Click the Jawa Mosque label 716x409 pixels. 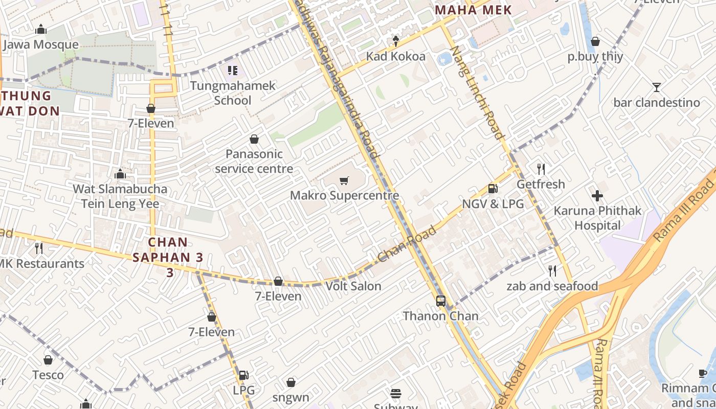pos(41,44)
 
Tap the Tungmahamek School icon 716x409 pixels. pos(233,71)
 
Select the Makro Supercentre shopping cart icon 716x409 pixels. pos(344,180)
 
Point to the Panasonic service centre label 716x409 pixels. pos(254,161)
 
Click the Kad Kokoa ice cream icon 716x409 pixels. pos(395,41)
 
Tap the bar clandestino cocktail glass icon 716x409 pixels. pos(657,87)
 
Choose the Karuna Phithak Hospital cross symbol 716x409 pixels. pos(597,196)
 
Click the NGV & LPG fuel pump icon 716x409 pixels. pos(493,189)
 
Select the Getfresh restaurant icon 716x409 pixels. pos(541,169)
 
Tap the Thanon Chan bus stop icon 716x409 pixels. pos(441,301)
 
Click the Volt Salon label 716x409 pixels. pos(353,286)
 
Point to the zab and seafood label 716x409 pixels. pos(552,286)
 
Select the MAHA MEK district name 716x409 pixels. pos(473,10)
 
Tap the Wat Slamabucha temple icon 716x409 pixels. pos(120,174)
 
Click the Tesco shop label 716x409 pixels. pos(48,375)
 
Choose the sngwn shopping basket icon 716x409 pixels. pos(290,382)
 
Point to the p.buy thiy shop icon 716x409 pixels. pos(595,41)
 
